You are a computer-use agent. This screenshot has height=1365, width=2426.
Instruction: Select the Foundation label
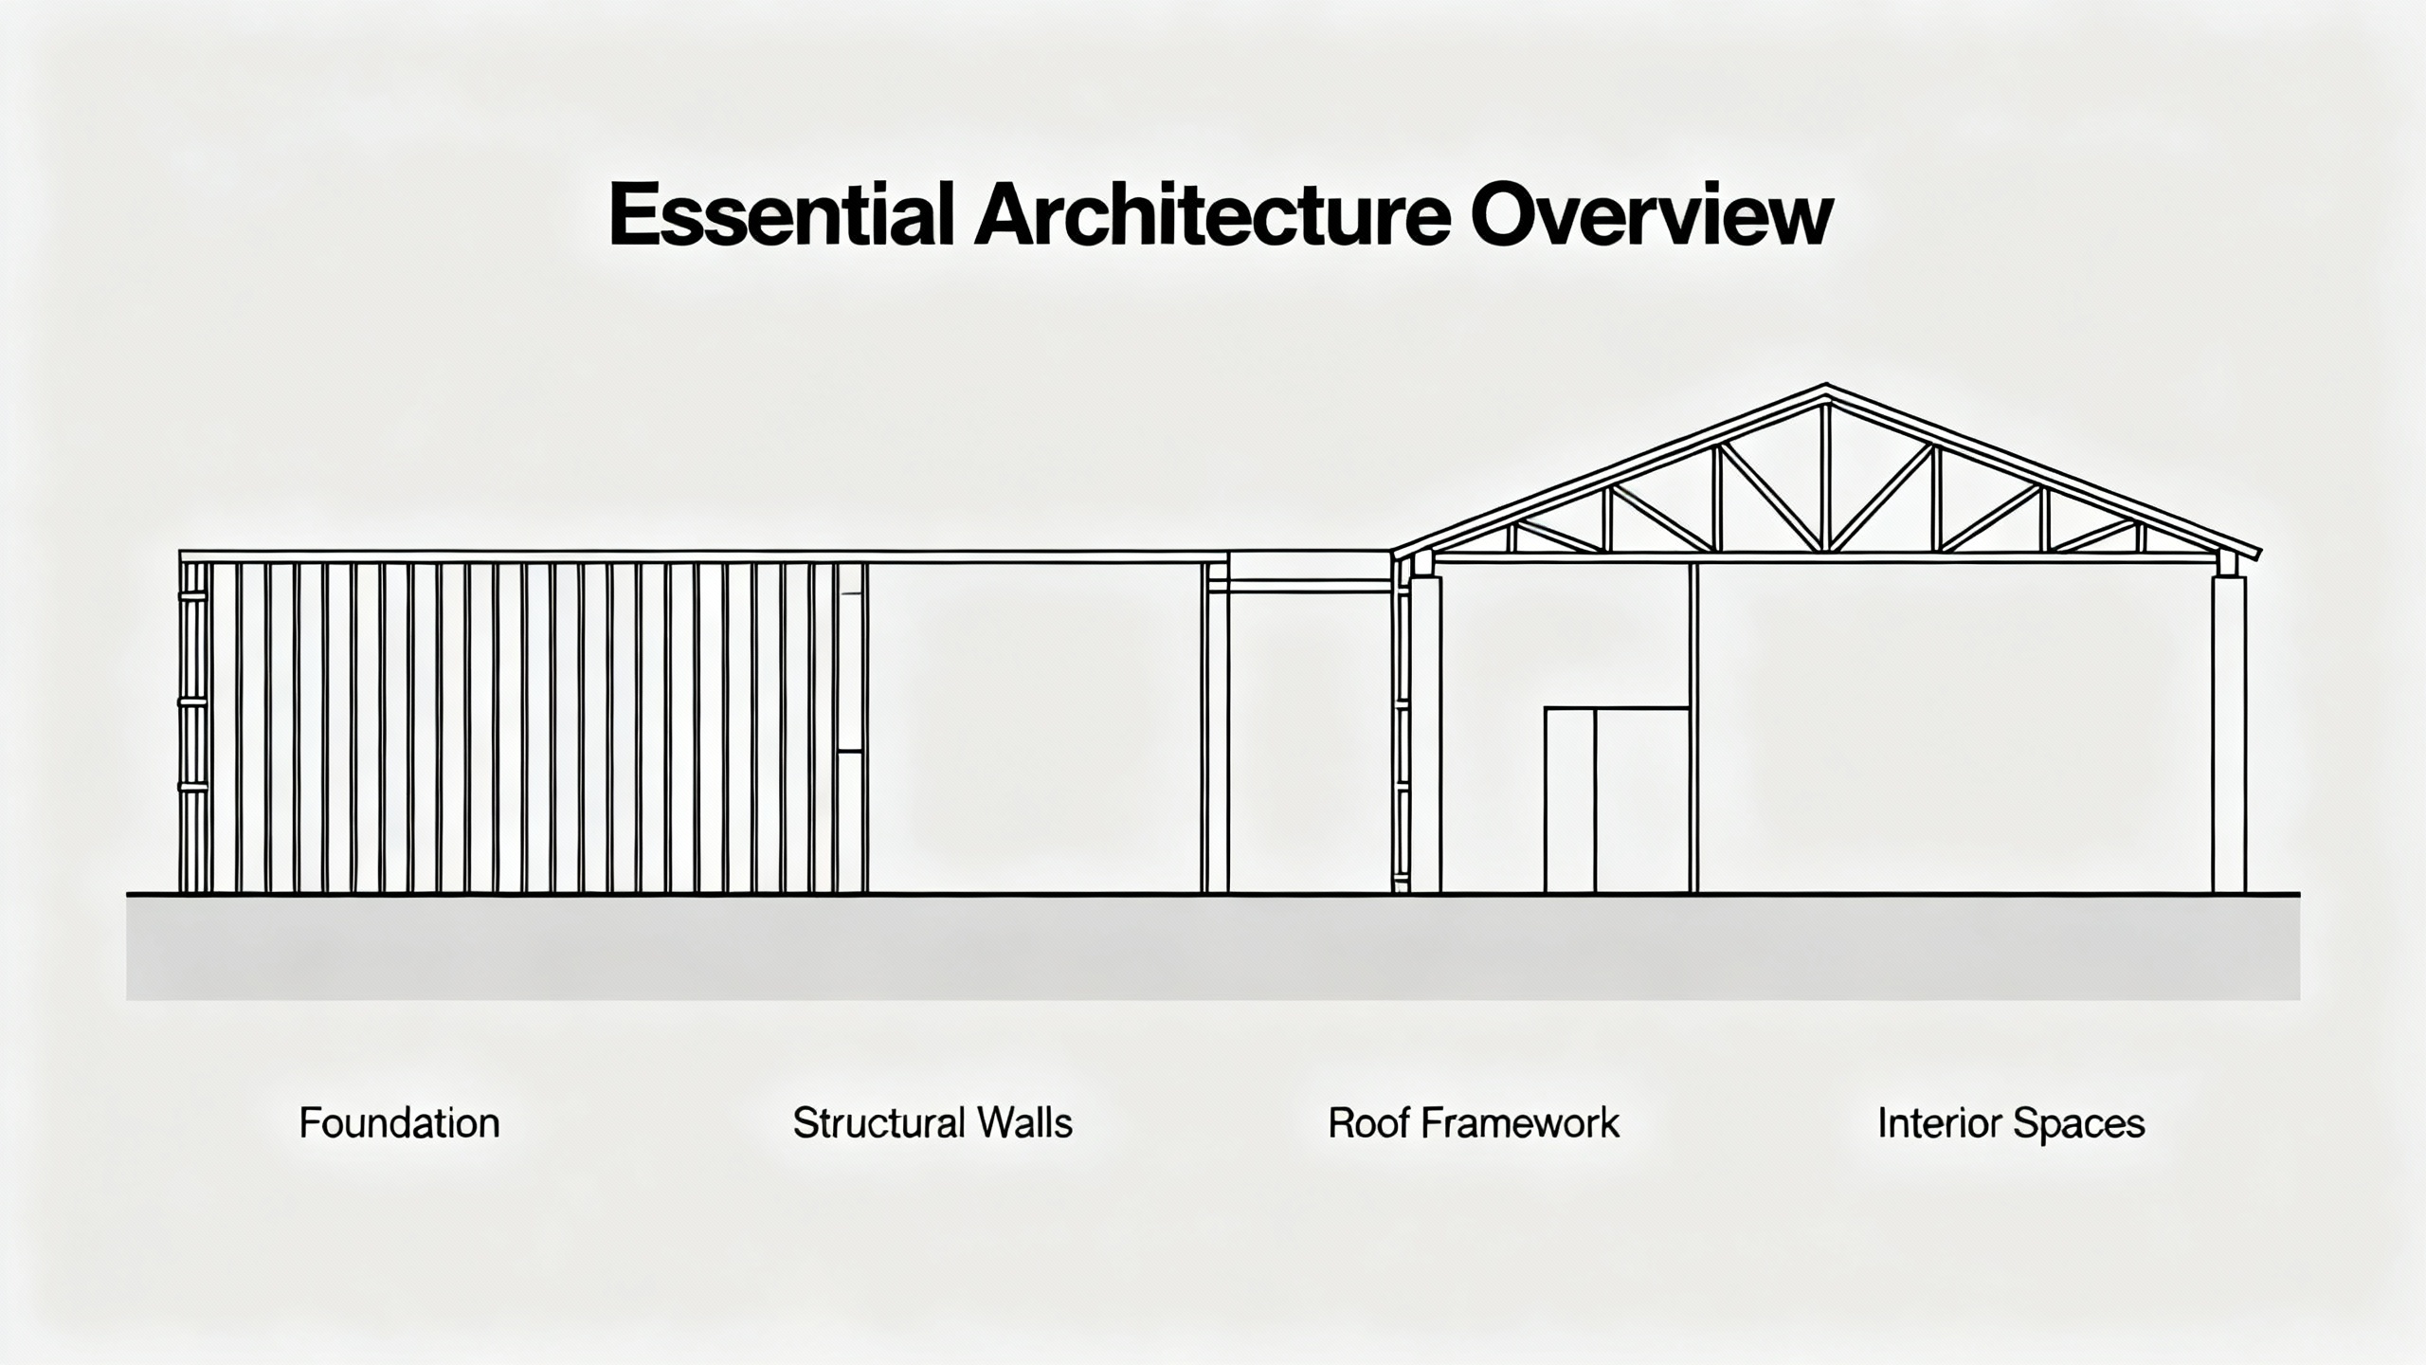[399, 1123]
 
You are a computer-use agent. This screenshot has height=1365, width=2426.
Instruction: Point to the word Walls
[1025, 1123]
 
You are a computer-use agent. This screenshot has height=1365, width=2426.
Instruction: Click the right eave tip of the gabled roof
[2260, 552]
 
